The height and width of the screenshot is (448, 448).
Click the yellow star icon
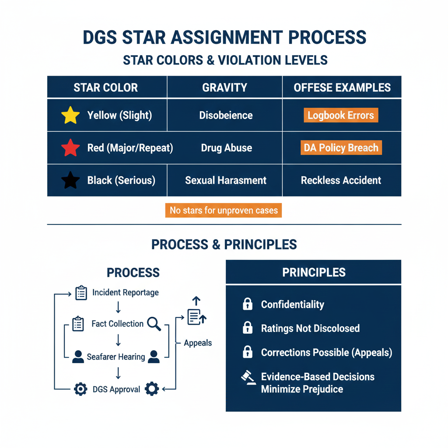click(x=70, y=115)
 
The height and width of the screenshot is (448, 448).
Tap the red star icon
click(x=70, y=148)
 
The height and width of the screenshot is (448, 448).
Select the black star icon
click(x=70, y=180)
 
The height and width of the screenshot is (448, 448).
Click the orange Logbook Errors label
click(x=341, y=115)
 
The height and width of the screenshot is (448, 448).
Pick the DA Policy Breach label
click(x=341, y=148)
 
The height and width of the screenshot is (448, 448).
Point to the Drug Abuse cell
click(x=226, y=148)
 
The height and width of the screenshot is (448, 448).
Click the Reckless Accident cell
click(x=341, y=180)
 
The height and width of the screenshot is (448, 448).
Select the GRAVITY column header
click(x=224, y=87)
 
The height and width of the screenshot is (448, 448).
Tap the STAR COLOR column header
click(x=105, y=87)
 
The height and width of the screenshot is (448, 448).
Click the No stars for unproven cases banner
click(x=224, y=210)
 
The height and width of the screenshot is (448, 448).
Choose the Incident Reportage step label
click(x=126, y=292)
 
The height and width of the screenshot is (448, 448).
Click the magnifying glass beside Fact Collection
click(x=154, y=324)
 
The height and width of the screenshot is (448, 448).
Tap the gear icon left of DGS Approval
click(x=80, y=389)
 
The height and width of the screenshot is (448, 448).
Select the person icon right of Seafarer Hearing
click(x=154, y=357)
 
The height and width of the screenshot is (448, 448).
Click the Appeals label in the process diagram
click(x=198, y=343)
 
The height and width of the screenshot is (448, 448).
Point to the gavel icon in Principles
click(x=248, y=377)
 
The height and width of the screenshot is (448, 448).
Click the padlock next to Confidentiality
click(x=248, y=304)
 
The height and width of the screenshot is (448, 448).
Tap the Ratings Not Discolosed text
click(x=310, y=328)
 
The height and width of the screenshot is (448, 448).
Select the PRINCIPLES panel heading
click(x=314, y=273)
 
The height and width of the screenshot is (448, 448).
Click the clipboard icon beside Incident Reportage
click(x=81, y=293)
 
